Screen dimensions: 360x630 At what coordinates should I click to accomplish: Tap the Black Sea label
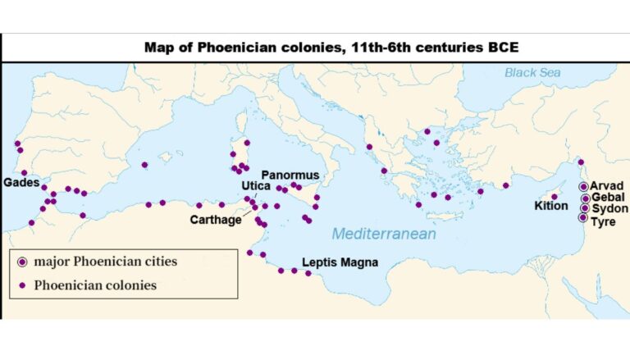pyautogui.click(x=532, y=72)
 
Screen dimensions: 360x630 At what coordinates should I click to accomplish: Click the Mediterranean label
pyautogui.click(x=384, y=235)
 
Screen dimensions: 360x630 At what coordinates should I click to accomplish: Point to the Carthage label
pyautogui.click(x=216, y=219)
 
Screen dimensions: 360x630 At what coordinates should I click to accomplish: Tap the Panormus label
pyautogui.click(x=290, y=175)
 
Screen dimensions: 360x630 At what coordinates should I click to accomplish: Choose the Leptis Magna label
pyautogui.click(x=340, y=263)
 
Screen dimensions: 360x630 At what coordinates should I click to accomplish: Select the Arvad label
pyautogui.click(x=608, y=186)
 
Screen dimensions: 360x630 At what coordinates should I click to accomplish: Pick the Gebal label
pyautogui.click(x=608, y=198)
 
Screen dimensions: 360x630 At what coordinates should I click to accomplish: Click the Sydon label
pyautogui.click(x=609, y=209)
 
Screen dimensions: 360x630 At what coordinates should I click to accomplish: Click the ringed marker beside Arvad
pyautogui.click(x=584, y=187)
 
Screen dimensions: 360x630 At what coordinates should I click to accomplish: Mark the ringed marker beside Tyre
pyautogui.click(x=582, y=218)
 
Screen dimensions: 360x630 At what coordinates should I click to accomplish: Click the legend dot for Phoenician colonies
pyautogui.click(x=23, y=285)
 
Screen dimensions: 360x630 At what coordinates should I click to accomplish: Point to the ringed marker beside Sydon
pyautogui.click(x=584, y=208)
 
